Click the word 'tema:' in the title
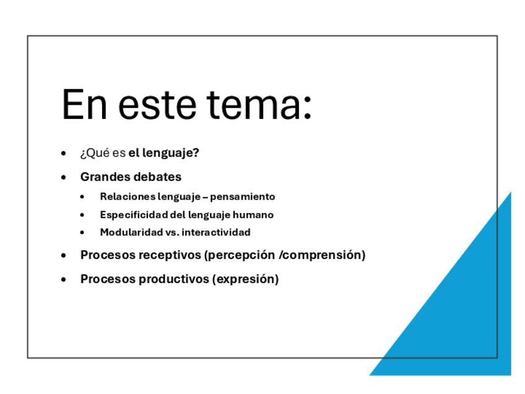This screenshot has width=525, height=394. pyautogui.click(x=259, y=104)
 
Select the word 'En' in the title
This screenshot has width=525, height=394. pyautogui.click(x=84, y=104)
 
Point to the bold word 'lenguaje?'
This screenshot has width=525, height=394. pyautogui.click(x=171, y=153)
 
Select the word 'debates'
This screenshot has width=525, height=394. pyautogui.click(x=157, y=177)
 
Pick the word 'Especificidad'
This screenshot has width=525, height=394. pyautogui.click(x=134, y=215)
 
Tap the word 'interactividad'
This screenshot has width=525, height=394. pyautogui.click(x=216, y=232)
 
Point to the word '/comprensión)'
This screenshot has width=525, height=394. pyautogui.click(x=322, y=255)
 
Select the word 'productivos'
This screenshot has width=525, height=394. pyautogui.click(x=174, y=279)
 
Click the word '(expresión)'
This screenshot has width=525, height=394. pyautogui.click(x=245, y=279)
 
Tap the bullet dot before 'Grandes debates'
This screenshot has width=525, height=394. pyautogui.click(x=64, y=177)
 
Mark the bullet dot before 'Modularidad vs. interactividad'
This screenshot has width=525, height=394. pyautogui.click(x=82, y=232)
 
